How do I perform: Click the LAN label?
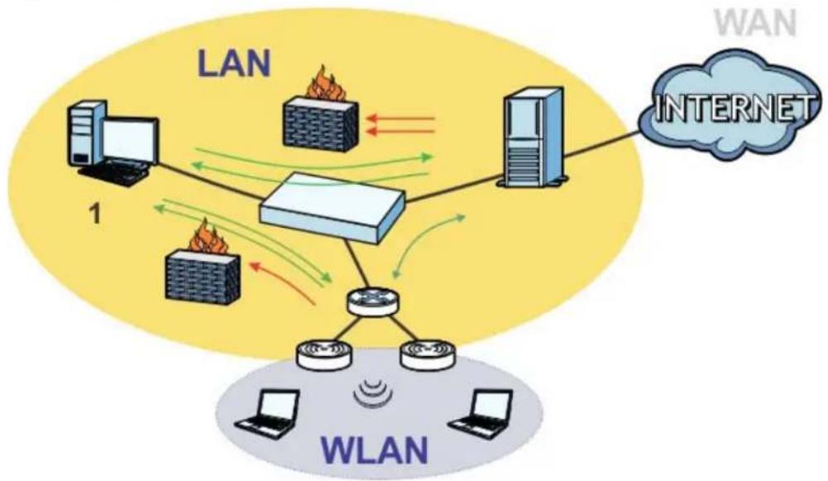[x=234, y=65]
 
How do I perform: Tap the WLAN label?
[x=375, y=450]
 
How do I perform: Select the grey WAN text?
[x=755, y=24]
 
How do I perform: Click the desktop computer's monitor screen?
[x=129, y=141]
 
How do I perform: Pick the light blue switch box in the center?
[x=333, y=208]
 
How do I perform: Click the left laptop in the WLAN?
[x=266, y=410]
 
